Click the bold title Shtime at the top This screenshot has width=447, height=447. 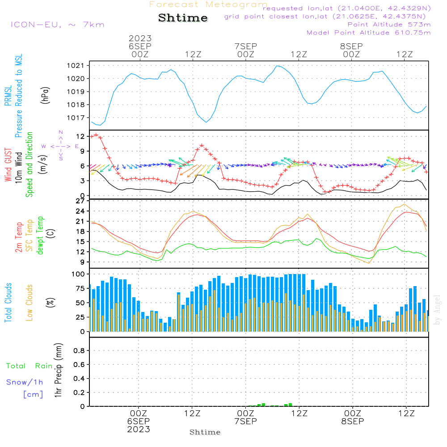[183, 18]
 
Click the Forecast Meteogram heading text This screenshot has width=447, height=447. [208, 4]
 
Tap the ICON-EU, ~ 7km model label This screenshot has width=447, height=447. [57, 25]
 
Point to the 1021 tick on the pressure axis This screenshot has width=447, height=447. [78, 66]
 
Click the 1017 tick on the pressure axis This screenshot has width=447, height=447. [78, 118]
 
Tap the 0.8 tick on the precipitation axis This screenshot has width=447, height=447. [80, 351]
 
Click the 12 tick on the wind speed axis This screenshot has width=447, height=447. [81, 136]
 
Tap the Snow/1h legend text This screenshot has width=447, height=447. [25, 383]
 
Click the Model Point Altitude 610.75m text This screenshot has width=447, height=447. [369, 33]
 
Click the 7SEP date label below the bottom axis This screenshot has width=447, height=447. [245, 422]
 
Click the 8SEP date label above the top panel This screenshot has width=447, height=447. [351, 46]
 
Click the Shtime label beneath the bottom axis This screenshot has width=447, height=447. [205, 432]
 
